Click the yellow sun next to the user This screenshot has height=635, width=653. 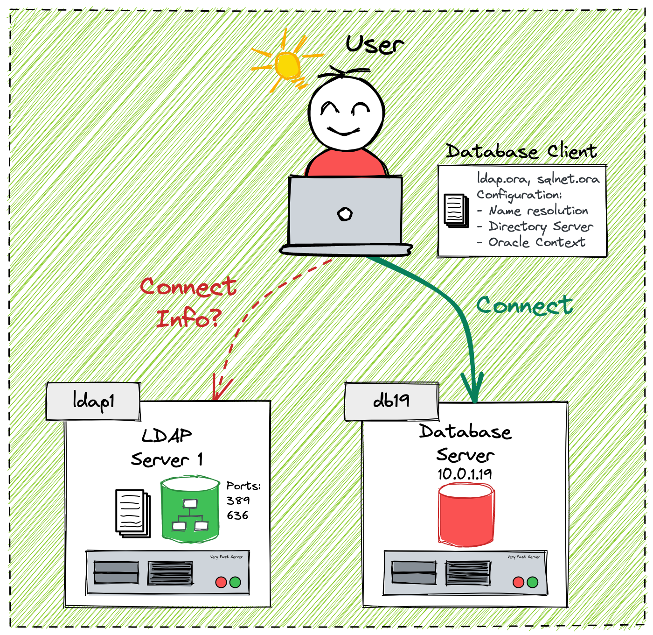(286, 65)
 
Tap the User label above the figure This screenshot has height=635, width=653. (375, 45)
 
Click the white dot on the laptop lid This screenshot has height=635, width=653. (345, 214)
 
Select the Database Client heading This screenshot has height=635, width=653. (521, 151)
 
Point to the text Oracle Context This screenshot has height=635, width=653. (537, 242)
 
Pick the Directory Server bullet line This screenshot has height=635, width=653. (541, 226)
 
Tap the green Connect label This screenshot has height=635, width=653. (524, 306)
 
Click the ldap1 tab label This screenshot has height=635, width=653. (93, 402)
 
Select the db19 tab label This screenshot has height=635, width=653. (391, 401)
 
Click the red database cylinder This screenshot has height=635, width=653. (466, 515)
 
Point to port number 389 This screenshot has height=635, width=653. (238, 501)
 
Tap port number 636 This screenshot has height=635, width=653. (238, 515)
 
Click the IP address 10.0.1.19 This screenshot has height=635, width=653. (465, 474)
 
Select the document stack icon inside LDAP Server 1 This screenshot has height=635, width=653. (132, 513)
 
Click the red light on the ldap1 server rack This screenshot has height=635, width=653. (221, 582)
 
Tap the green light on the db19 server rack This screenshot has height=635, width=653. (533, 582)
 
